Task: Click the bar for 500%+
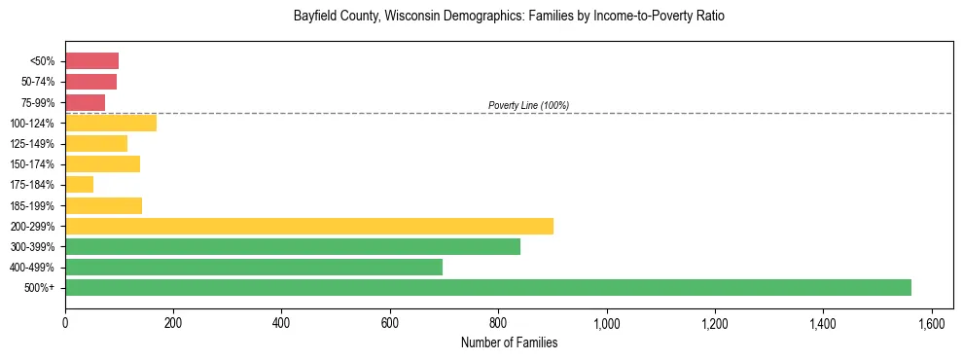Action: coord(486,287)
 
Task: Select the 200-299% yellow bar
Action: coord(308,226)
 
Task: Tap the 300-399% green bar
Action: coord(292,246)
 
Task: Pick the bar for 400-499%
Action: coord(253,267)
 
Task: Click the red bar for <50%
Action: coord(91,61)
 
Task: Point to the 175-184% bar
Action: coord(79,185)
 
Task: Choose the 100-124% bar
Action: coord(110,124)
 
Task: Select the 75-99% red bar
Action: coord(85,102)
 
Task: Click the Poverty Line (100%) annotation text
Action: coord(528,105)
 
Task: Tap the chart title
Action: coord(509,17)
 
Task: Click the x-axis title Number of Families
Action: coord(509,342)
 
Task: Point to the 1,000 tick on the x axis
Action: coord(606,322)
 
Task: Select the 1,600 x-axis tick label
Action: coord(931,322)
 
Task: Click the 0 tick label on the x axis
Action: coord(65,322)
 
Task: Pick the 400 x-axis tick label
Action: coord(281,322)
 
